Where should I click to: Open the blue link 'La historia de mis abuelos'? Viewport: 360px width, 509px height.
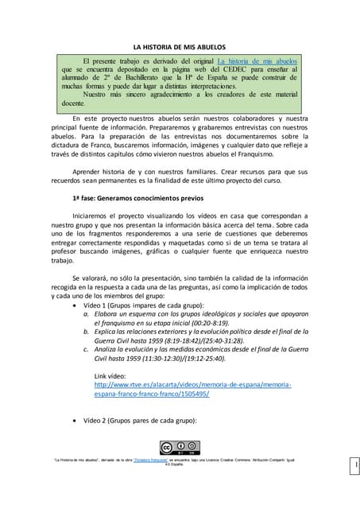pos(256,60)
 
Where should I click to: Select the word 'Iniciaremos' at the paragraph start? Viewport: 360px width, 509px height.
pos(95,216)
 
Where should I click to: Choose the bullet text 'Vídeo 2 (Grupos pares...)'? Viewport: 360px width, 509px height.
pos(138,420)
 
